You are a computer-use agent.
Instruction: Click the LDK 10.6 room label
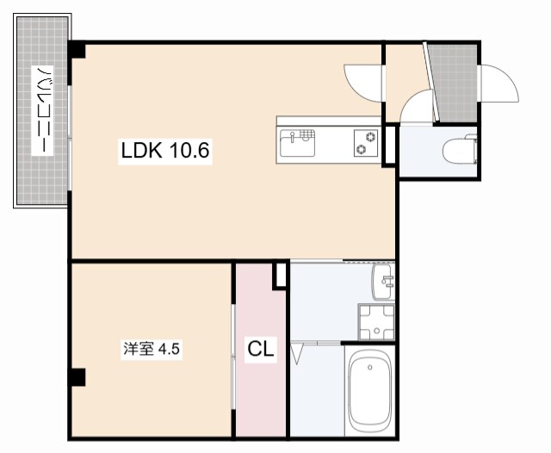pos(165,152)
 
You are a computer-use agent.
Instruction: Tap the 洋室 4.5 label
pos(152,350)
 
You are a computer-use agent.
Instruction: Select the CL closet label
pos(261,350)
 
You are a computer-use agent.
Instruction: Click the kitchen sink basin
pos(297,142)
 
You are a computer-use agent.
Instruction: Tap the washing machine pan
pos(376,322)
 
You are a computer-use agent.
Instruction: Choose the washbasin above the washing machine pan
pos(384,278)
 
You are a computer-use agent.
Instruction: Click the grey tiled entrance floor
pos(454,83)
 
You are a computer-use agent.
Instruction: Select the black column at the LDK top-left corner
pos(77,51)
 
